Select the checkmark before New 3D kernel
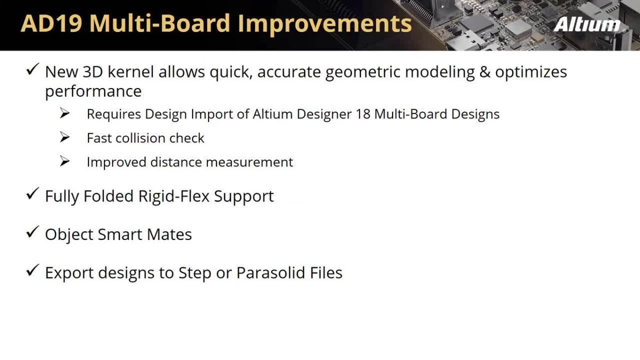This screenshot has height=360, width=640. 32,70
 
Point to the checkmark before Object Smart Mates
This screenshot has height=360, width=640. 32,233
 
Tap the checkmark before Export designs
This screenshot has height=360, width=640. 32,271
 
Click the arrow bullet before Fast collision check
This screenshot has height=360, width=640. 65,138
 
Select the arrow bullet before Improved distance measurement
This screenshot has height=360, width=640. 65,162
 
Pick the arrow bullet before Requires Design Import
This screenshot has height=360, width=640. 65,114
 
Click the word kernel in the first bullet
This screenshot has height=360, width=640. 131,72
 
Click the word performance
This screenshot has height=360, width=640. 93,92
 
